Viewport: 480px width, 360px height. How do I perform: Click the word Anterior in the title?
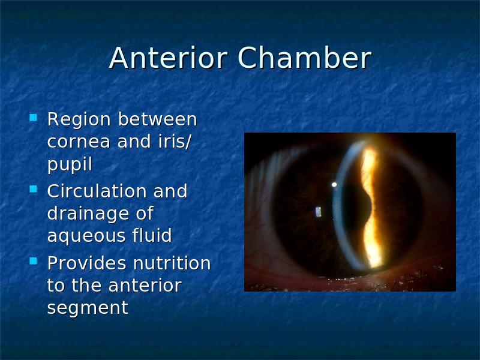(169, 58)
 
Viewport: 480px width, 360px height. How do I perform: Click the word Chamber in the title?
(305, 58)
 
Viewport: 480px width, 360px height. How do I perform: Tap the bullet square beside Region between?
(33, 118)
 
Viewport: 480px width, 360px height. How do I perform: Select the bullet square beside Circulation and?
(33, 189)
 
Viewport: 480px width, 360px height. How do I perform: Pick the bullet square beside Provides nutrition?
(33, 261)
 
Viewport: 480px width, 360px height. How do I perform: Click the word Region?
(79, 119)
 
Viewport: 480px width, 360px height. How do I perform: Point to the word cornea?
(79, 142)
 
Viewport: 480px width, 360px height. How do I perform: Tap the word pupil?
(70, 165)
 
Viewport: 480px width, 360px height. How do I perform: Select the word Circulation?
(97, 191)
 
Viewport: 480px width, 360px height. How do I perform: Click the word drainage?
(88, 214)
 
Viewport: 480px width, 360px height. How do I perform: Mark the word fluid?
(152, 235)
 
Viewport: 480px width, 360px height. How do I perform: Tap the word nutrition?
(172, 263)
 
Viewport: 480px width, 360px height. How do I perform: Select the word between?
(157, 119)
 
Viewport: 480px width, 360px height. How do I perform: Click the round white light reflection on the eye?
(334, 185)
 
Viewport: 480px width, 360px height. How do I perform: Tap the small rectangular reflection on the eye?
(319, 212)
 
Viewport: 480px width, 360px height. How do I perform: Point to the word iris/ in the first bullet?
(175, 142)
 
